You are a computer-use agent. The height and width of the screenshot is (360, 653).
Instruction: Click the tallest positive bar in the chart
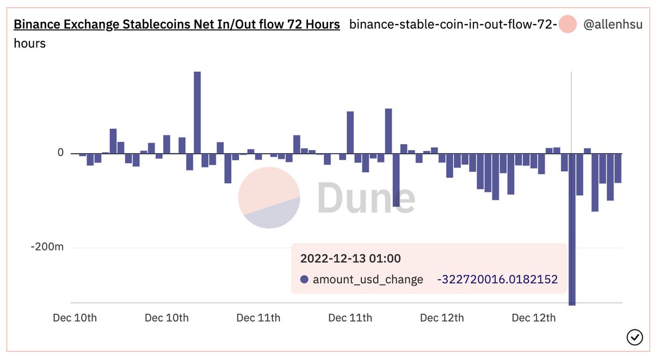[198, 113]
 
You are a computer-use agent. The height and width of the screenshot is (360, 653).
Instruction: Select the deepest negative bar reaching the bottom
[572, 229]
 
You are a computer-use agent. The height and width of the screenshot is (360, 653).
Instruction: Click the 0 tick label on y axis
[60, 152]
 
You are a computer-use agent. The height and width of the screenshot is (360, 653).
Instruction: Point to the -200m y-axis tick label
[47, 247]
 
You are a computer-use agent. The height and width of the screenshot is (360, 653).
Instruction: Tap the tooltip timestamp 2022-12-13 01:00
[350, 258]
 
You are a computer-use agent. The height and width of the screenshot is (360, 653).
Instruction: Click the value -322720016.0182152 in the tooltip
[497, 280]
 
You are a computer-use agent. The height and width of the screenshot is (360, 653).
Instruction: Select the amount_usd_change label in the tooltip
[368, 280]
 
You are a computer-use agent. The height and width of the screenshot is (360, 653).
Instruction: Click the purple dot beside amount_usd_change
[304, 280]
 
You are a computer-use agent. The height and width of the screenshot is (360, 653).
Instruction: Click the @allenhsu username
[613, 24]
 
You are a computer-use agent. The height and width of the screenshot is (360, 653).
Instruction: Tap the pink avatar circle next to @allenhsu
[567, 24]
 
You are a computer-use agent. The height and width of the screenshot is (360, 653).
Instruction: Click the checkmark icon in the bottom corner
[634, 337]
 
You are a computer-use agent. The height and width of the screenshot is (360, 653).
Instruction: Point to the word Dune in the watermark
[366, 197]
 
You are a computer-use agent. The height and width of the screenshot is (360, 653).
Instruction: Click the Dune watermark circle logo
[269, 197]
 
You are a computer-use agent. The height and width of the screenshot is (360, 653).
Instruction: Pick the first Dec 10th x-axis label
[75, 318]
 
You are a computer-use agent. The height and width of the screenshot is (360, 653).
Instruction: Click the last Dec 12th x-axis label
[534, 318]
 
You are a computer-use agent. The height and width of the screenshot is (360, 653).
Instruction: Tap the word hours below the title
[30, 44]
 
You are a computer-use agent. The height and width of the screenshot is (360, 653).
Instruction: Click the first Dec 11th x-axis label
[258, 318]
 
